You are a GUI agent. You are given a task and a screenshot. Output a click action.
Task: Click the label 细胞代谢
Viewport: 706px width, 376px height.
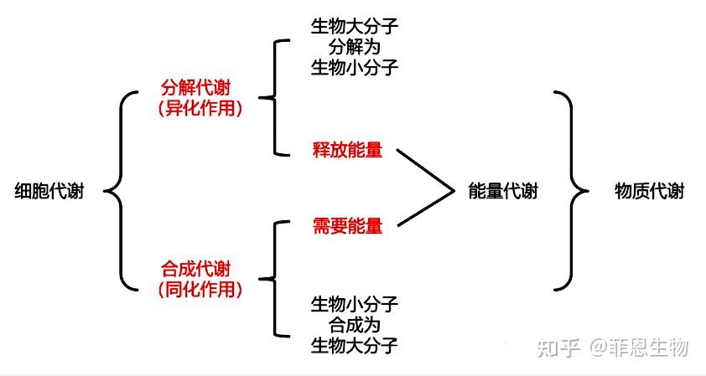[x=49, y=192]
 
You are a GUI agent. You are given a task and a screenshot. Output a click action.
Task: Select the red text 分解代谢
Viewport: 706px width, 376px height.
[x=200, y=88]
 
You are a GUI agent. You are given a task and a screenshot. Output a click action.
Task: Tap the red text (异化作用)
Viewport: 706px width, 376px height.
[x=200, y=107]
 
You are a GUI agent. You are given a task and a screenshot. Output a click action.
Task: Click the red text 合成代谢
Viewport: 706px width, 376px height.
[x=200, y=270]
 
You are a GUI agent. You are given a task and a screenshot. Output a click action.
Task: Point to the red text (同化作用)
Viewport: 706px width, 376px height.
[x=200, y=290]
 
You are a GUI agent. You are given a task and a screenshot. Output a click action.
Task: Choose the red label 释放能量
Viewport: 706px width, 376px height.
[x=347, y=151]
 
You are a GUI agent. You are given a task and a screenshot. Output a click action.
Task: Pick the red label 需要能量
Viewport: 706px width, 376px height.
[x=347, y=226]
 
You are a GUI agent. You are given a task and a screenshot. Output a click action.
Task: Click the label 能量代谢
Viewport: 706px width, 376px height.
[x=502, y=192]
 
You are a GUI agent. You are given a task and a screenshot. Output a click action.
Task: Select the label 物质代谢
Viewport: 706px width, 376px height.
[x=649, y=192]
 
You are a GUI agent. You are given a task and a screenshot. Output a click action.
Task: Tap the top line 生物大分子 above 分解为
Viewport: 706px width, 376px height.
[x=354, y=26]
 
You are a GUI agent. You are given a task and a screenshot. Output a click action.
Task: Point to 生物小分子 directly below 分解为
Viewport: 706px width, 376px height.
[x=354, y=67]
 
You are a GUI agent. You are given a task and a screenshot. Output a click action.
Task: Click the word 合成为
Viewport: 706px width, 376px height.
[x=354, y=323]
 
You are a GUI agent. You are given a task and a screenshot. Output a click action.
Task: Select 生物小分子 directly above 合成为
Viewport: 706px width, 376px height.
[x=354, y=303]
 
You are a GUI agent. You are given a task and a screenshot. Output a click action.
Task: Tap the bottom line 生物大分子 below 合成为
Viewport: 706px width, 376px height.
[x=354, y=343]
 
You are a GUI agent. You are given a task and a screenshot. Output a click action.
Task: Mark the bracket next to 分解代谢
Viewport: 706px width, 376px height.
[x=270, y=97]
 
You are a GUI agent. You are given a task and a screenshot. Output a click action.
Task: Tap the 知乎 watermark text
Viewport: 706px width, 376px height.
[x=558, y=346]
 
